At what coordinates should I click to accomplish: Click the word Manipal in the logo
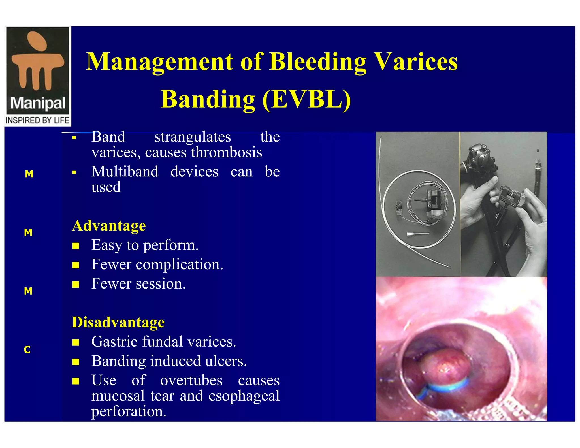(38, 103)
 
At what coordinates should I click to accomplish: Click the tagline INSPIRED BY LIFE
(37, 120)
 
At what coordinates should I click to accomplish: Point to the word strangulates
(193, 137)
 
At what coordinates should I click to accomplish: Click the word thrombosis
(227, 152)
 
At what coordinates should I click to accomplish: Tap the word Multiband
(125, 172)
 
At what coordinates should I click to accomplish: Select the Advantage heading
(109, 226)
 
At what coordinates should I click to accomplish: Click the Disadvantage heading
(118, 322)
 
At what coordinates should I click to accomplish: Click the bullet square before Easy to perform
(76, 246)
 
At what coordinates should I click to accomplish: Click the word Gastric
(114, 342)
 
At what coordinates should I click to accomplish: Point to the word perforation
(128, 411)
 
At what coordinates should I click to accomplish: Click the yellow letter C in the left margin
(27, 350)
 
